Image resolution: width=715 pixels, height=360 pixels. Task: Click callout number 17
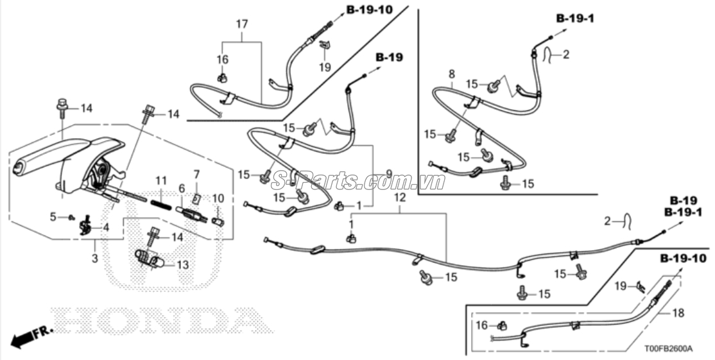coord(241,25)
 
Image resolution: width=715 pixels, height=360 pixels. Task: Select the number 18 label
coord(679,313)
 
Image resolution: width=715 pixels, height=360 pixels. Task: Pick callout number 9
coord(388,173)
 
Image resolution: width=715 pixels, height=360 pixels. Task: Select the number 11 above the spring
coord(160,181)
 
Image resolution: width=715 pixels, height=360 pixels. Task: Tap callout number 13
coord(182,264)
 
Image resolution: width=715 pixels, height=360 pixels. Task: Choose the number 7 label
coord(196,174)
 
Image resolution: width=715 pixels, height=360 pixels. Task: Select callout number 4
coord(105,227)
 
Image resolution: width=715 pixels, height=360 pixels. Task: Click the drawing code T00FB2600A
coord(668,349)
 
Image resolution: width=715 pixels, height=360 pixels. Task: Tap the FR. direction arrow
coord(28,336)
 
